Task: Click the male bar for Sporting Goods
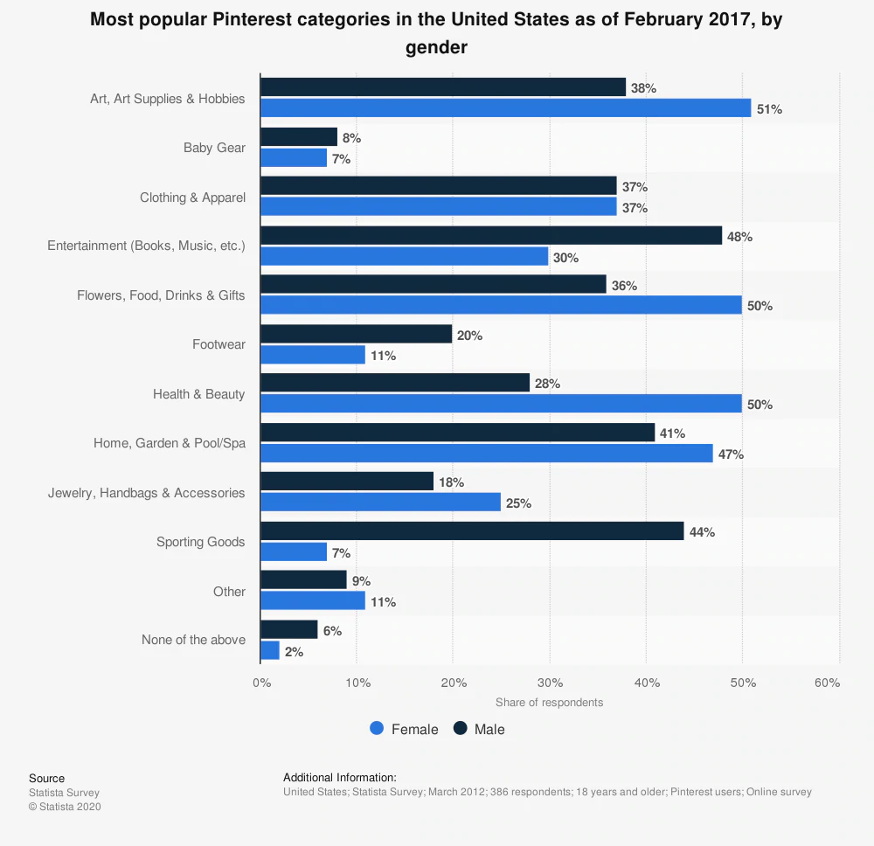point(472,531)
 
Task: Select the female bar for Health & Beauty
point(501,404)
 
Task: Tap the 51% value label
point(770,109)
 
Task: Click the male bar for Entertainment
point(491,236)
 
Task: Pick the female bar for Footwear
point(313,355)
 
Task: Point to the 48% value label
point(740,237)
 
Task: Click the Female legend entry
point(405,729)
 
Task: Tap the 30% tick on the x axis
point(550,683)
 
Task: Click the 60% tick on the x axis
point(827,683)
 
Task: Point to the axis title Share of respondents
point(549,703)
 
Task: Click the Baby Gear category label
point(214,148)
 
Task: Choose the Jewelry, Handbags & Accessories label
point(146,493)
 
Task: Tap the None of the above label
point(193,640)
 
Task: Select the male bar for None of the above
point(289,630)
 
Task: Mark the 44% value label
point(702,532)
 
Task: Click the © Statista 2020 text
point(65,807)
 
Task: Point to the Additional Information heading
point(340,777)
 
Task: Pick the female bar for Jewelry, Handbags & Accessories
point(380,503)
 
